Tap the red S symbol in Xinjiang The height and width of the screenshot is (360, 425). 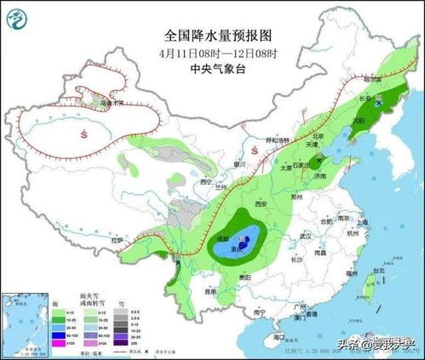point(83,134)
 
